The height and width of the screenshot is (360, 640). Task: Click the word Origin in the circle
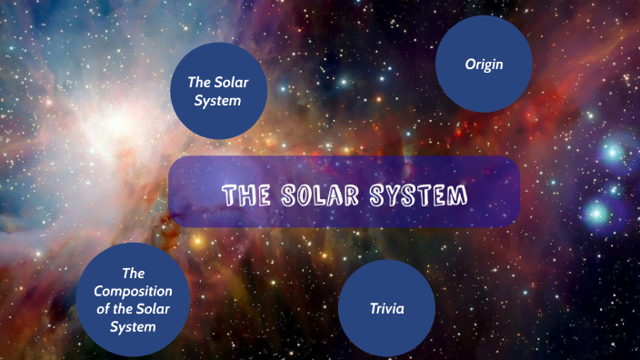coord(484,65)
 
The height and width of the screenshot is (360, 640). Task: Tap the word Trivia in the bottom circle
coord(386,309)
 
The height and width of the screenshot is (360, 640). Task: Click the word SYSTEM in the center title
coord(419,195)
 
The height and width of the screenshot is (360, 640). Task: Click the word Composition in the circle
coord(133,290)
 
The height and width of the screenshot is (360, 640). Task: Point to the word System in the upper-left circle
coord(218,101)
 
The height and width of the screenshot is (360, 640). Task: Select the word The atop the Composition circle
coord(133,272)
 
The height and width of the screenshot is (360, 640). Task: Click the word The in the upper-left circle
coord(200,82)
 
